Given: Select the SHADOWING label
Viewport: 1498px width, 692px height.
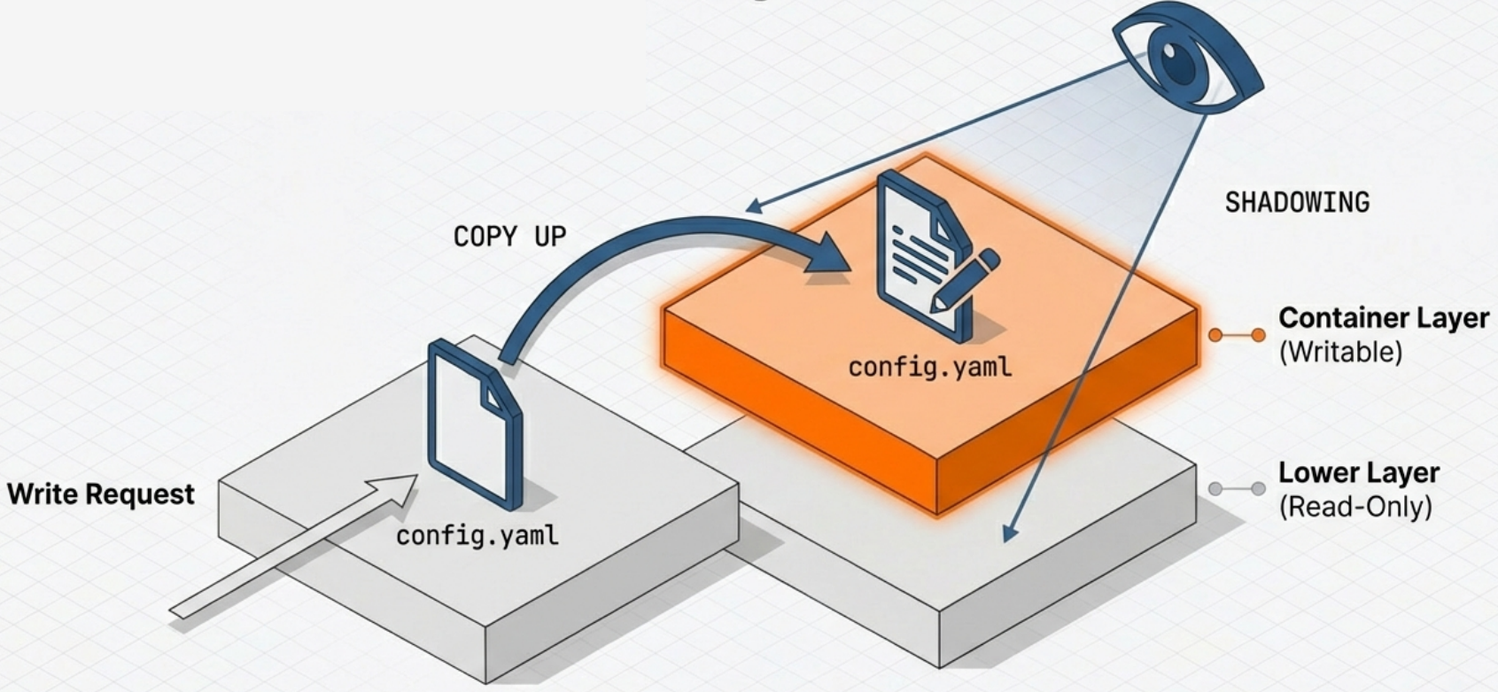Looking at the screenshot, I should [x=1297, y=203].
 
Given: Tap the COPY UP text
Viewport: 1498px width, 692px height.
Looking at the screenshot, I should [x=509, y=237].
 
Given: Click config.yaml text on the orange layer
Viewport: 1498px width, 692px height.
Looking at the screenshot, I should [x=929, y=367].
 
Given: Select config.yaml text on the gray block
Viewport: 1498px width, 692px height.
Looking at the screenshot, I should [x=477, y=536].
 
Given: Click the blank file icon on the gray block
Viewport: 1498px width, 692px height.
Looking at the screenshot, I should [x=474, y=425].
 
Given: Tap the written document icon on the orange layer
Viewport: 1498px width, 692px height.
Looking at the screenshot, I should [x=921, y=253].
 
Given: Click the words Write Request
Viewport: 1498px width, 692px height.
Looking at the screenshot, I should [x=101, y=494].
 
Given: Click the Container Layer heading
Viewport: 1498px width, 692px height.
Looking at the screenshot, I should [x=1383, y=318].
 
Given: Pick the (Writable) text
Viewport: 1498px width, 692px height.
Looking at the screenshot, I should [x=1340, y=353].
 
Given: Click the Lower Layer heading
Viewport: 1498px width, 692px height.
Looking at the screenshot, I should [x=1358, y=473].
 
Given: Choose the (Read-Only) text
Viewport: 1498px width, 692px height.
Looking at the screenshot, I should [x=1354, y=507].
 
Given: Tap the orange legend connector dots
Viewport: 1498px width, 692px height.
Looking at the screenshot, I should [x=1237, y=335].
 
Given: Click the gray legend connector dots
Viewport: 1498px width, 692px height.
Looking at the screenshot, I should [x=1237, y=489].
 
